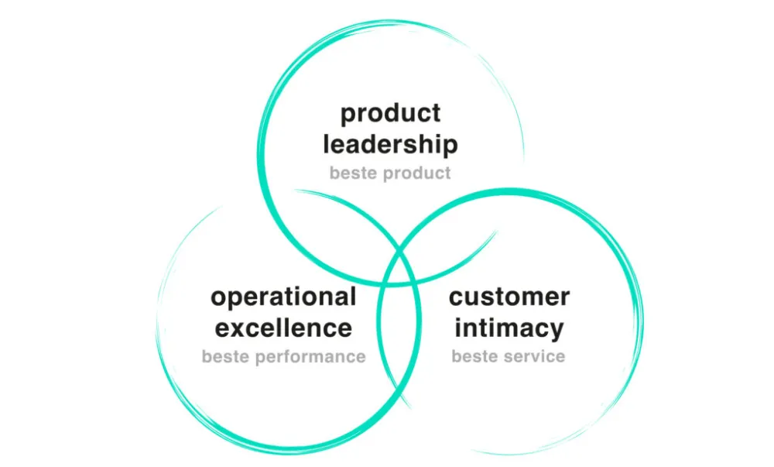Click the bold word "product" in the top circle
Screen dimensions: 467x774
[390, 114]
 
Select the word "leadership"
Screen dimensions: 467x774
[390, 144]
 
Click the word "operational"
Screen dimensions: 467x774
[283, 297]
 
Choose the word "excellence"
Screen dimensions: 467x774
[283, 328]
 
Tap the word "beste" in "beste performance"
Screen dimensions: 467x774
[226, 357]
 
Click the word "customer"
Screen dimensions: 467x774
[509, 297]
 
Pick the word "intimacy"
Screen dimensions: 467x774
[509, 328]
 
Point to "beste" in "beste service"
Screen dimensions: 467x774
[475, 357]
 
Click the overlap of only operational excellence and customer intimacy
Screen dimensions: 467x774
[398, 341]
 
